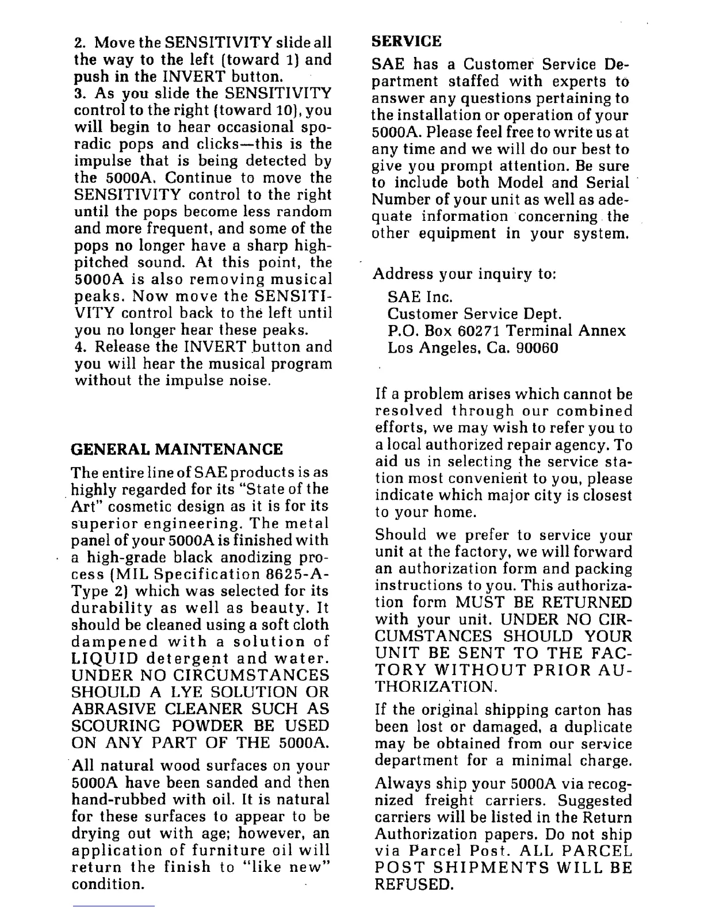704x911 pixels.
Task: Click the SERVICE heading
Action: tap(407, 41)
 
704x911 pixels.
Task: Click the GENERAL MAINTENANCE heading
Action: tap(177, 449)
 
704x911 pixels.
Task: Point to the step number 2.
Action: tap(79, 43)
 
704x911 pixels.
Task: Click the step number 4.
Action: tap(79, 347)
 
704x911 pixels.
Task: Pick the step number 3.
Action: tap(79, 93)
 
